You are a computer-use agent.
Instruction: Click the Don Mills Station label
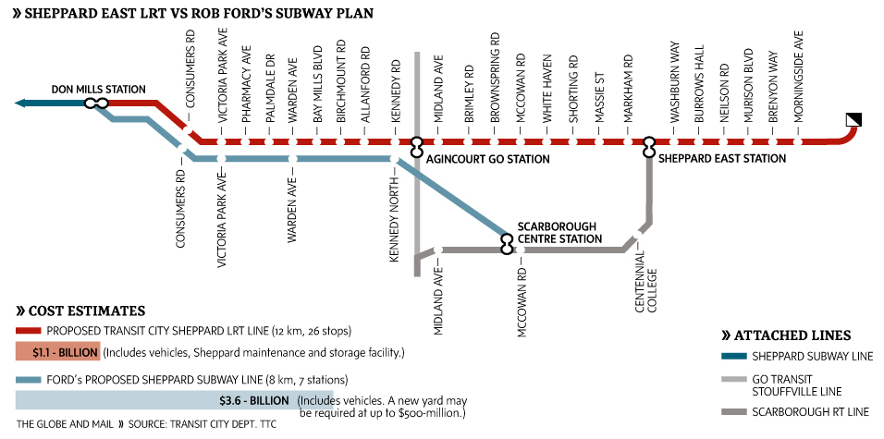tap(99, 90)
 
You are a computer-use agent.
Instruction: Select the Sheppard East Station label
tap(722, 159)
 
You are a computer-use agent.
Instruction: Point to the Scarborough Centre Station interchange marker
tap(507, 243)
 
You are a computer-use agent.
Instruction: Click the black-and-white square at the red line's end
tap(853, 119)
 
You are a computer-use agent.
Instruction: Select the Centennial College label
tap(645, 288)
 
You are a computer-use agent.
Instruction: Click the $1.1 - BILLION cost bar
tap(56, 352)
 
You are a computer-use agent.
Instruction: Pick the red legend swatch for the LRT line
tap(29, 330)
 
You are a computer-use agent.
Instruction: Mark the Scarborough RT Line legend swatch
tap(733, 411)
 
